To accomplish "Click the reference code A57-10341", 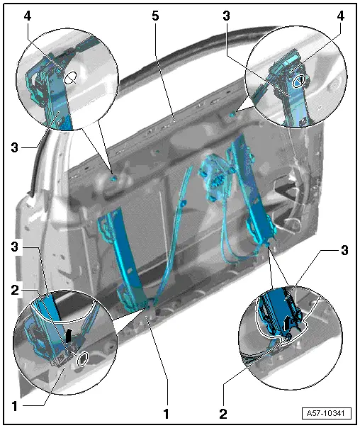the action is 327,412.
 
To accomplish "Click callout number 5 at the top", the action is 155,16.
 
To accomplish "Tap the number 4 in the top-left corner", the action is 28,16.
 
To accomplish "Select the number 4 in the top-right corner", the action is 340,16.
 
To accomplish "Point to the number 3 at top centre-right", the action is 226,16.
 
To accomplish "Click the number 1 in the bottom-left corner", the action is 15,406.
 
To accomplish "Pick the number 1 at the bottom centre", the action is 166,414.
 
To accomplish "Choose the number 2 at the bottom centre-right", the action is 223,414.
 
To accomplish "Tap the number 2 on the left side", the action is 15,290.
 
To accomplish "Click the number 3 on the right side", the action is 344,250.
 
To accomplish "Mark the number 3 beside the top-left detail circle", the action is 15,147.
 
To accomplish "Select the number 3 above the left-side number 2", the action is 15,247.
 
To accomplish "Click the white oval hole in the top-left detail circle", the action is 71,78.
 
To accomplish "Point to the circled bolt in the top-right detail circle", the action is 298,81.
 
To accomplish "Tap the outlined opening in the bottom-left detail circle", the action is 82,359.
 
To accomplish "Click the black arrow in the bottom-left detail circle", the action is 69,335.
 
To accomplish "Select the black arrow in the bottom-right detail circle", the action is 286,323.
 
